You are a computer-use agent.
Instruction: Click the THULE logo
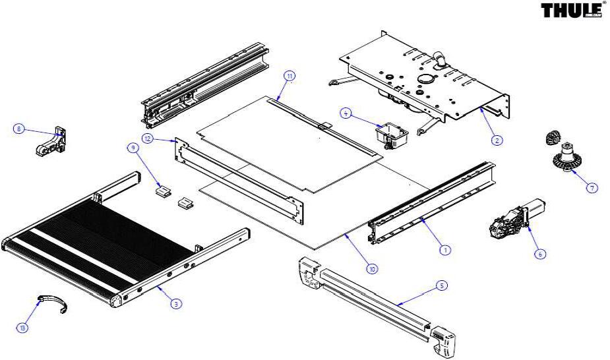coord(571,11)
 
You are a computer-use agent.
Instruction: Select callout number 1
coord(445,250)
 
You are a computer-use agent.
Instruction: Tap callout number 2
coord(497,140)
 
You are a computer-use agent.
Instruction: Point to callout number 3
coord(176,304)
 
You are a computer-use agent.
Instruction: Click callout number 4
coord(346,113)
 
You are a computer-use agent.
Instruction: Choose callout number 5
coord(441,285)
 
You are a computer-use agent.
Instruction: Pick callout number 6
coord(539,254)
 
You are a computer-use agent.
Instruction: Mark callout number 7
coord(592,188)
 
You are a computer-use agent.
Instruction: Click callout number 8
coord(18,129)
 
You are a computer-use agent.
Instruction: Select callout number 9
coord(133,148)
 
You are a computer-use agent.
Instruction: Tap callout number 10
coord(373,268)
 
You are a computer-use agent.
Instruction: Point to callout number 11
coord(290,76)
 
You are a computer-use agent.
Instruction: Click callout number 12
coord(148,138)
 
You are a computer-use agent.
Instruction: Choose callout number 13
coord(23,328)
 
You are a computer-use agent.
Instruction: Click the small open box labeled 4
coord(391,136)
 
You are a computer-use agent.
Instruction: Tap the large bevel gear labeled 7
coord(567,158)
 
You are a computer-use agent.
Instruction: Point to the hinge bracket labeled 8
coord(51,141)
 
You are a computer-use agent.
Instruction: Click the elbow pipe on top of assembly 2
coord(441,59)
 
